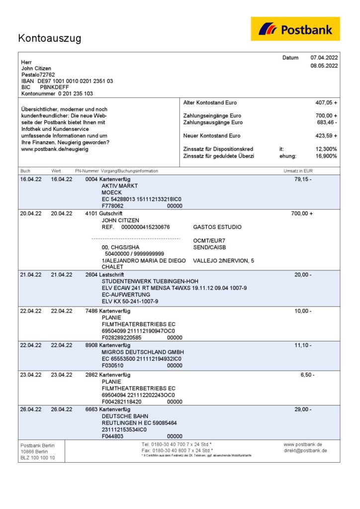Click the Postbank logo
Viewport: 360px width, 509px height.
295,29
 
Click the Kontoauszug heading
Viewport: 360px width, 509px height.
50,38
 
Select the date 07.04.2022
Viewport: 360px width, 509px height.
324,58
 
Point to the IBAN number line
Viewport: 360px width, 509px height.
67,81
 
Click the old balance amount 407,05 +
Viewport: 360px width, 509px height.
326,102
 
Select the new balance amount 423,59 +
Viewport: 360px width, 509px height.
326,136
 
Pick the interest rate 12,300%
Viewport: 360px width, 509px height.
326,149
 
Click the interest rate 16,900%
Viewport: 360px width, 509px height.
326,156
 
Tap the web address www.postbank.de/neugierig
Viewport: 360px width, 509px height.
55,149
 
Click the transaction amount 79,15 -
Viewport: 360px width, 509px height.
303,179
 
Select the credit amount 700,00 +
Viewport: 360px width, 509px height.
302,213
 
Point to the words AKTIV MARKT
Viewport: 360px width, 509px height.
120,185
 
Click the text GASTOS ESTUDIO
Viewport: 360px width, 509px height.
217,227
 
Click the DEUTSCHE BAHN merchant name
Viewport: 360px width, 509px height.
125,416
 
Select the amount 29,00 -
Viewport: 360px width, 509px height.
303,410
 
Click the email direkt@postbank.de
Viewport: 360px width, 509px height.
305,450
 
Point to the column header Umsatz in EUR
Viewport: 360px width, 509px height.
298,170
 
